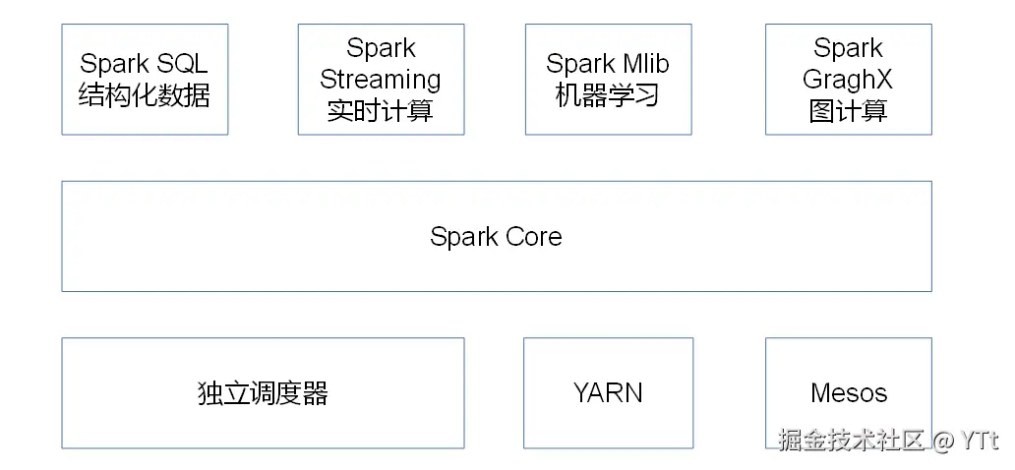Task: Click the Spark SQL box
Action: (x=145, y=80)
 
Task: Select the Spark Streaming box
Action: (x=381, y=80)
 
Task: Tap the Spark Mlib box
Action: (x=608, y=80)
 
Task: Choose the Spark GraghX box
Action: (x=848, y=80)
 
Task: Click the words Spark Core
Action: (x=496, y=237)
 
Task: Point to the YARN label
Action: (x=608, y=393)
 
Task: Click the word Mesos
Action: (x=848, y=393)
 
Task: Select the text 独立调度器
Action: (x=263, y=394)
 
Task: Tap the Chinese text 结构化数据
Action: (x=145, y=96)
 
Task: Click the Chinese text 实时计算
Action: (x=381, y=110)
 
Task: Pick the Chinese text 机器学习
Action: (x=608, y=96)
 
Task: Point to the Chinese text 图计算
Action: (x=848, y=110)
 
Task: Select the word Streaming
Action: (x=381, y=79)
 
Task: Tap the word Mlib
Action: (x=645, y=64)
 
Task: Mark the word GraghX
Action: (x=848, y=79)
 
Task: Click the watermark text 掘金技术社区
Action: (x=852, y=440)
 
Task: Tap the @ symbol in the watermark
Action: (x=943, y=440)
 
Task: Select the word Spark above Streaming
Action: (x=381, y=48)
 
